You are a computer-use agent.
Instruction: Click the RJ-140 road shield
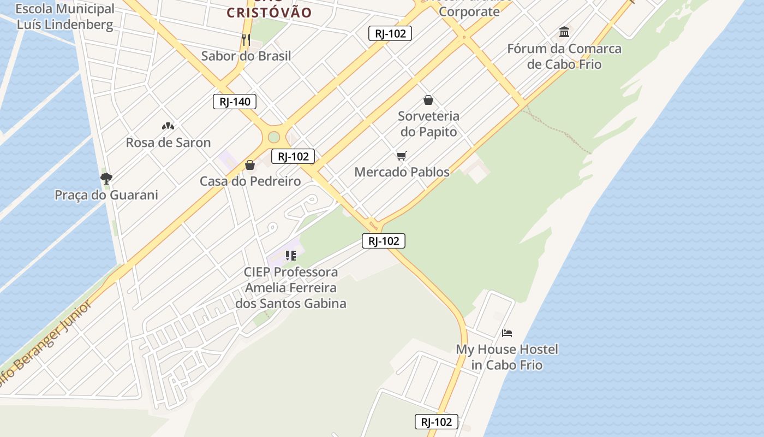(235, 102)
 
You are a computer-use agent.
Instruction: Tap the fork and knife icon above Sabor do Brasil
(246, 39)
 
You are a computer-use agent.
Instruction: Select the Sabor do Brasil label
(246, 56)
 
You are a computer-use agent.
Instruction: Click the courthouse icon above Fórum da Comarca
(564, 32)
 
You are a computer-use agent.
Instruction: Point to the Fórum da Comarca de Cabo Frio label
(564, 56)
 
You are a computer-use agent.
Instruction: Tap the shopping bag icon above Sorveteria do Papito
(428, 100)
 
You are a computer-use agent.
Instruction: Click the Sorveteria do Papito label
(428, 124)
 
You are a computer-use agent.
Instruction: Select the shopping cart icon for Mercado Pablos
(402, 156)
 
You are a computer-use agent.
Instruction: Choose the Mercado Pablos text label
(402, 172)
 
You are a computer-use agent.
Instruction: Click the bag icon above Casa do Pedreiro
(250, 165)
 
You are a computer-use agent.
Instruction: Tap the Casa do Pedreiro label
(250, 181)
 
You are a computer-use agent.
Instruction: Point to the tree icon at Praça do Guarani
(106, 178)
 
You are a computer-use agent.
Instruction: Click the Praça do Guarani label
(106, 195)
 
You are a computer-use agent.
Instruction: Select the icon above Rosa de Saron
(168, 126)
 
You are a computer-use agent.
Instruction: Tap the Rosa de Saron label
(168, 143)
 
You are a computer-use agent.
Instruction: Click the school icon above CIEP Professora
(291, 255)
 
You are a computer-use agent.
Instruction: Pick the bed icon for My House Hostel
(507, 333)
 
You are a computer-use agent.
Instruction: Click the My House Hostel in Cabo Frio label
(507, 357)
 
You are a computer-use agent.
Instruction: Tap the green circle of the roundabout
(274, 137)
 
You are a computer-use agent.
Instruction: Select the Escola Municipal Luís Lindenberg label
(65, 16)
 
